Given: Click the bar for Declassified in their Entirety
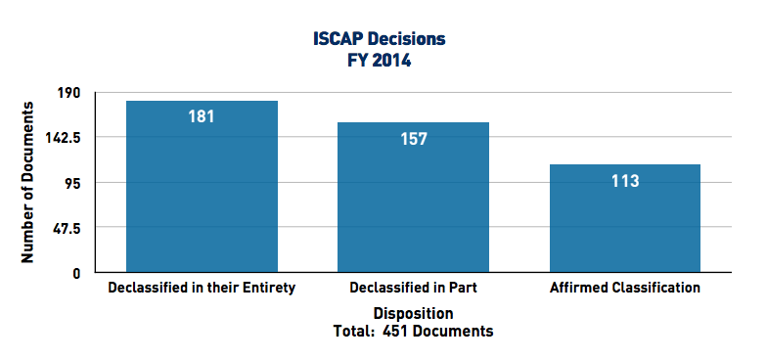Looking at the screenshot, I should click(202, 186).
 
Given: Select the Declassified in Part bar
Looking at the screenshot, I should click(413, 197).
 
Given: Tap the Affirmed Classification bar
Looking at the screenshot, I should click(625, 218).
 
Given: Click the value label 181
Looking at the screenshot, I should click(202, 116).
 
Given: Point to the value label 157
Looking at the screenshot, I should click(413, 138).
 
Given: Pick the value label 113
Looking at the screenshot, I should click(625, 181).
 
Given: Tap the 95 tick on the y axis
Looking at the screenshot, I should click(72, 183).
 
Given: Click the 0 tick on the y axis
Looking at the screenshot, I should click(76, 273).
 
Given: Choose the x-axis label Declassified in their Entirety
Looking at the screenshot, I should click(202, 289).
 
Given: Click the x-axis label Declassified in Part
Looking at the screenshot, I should click(413, 289).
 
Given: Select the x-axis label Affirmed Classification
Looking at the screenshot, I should click(625, 289).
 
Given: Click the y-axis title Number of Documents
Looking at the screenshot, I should click(28, 183).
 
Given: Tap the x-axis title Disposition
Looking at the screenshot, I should click(413, 314).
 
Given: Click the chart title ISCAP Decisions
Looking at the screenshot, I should click(383, 39).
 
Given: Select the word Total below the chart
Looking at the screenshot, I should click(352, 332).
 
